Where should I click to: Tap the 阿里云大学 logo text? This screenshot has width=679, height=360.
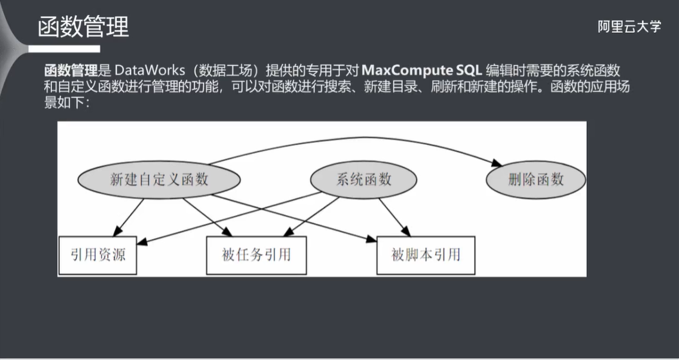tap(628, 26)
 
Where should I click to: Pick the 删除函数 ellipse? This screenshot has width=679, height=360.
tap(535, 180)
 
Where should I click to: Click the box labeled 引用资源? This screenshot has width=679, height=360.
tap(97, 255)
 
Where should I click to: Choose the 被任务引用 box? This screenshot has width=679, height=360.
tap(256, 255)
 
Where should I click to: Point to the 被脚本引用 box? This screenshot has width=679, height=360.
tap(425, 255)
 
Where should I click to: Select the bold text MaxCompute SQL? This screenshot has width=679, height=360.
tap(422, 70)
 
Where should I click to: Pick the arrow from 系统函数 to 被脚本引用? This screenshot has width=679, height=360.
tap(394, 216)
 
